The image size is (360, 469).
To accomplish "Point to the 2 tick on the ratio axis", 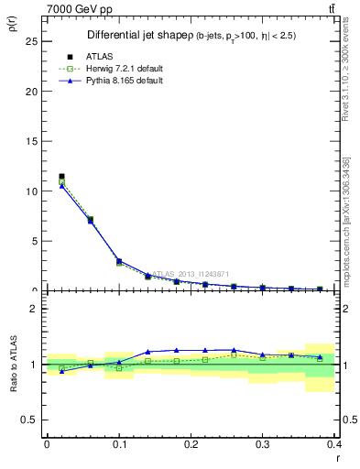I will coord(34,309).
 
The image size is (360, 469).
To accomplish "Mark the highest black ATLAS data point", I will coord(61,176).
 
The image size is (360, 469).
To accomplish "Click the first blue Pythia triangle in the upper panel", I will coord(61,186).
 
